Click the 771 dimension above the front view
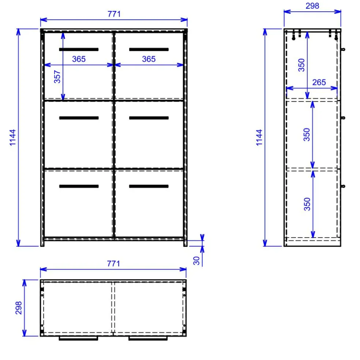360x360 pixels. [x=114, y=14]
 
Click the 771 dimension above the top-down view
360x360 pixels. [x=113, y=264]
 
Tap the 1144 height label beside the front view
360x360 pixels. [x=13, y=137]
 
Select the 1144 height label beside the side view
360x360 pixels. [x=259, y=137]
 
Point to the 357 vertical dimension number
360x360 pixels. [x=57, y=77]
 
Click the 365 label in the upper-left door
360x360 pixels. [x=79, y=59]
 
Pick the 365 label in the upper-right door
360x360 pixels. [x=149, y=59]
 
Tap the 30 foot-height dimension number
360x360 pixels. [x=196, y=261]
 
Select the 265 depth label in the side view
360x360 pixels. [x=319, y=82]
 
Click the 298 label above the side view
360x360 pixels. [x=312, y=6]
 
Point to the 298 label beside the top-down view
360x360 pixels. [x=19, y=308]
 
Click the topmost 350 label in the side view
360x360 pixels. [x=301, y=65]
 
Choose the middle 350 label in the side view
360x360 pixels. [x=307, y=134]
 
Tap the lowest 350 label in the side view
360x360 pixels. [x=307, y=204]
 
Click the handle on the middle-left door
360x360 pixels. [x=79, y=118]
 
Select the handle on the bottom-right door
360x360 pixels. [x=149, y=186]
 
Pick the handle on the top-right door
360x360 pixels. [x=149, y=49]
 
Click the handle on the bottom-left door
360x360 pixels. [x=79, y=186]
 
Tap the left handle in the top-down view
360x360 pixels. [x=78, y=338]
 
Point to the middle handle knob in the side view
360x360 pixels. [x=343, y=118]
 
